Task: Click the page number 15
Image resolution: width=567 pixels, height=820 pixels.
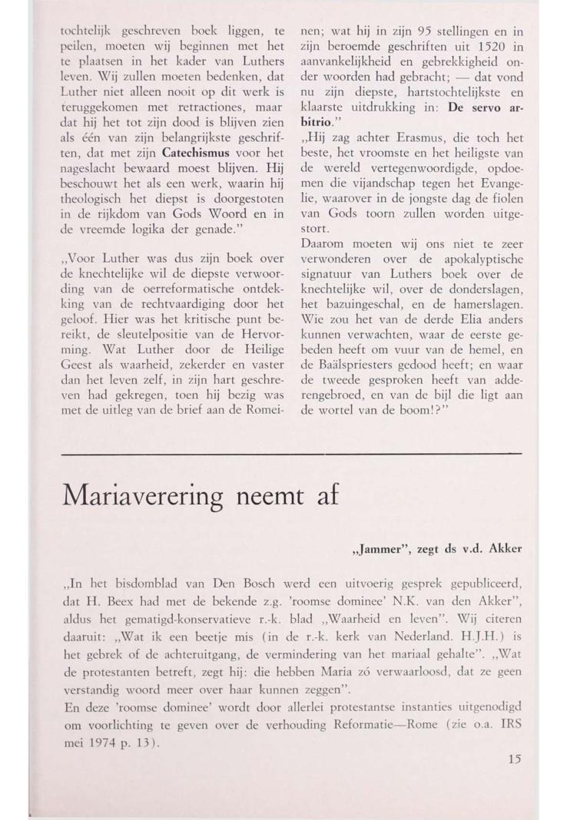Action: click(x=514, y=759)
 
